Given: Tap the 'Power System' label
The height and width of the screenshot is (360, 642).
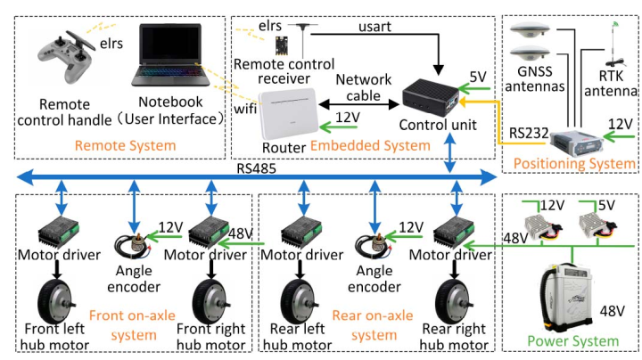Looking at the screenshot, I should click(572, 340).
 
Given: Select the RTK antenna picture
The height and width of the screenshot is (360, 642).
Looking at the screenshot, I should click(615, 49).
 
